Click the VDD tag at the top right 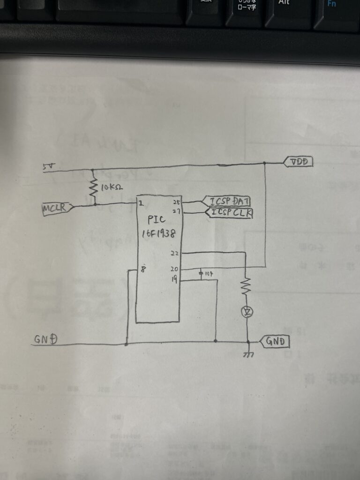pyautogui.click(x=299, y=162)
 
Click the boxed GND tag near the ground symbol pyautogui.click(x=275, y=341)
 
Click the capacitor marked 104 pyautogui.click(x=202, y=273)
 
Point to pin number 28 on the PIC pyautogui.click(x=176, y=202)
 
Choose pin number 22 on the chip pyautogui.click(x=174, y=253)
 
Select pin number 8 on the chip pyautogui.click(x=143, y=270)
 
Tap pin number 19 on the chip pyautogui.click(x=174, y=280)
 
